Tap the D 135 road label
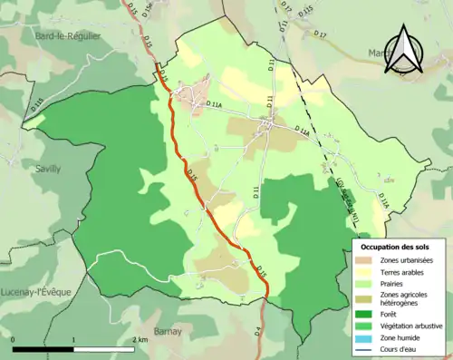(36, 106)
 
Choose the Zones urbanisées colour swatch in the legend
(366, 261)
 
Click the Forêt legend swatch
(366, 314)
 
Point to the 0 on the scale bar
(14, 339)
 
